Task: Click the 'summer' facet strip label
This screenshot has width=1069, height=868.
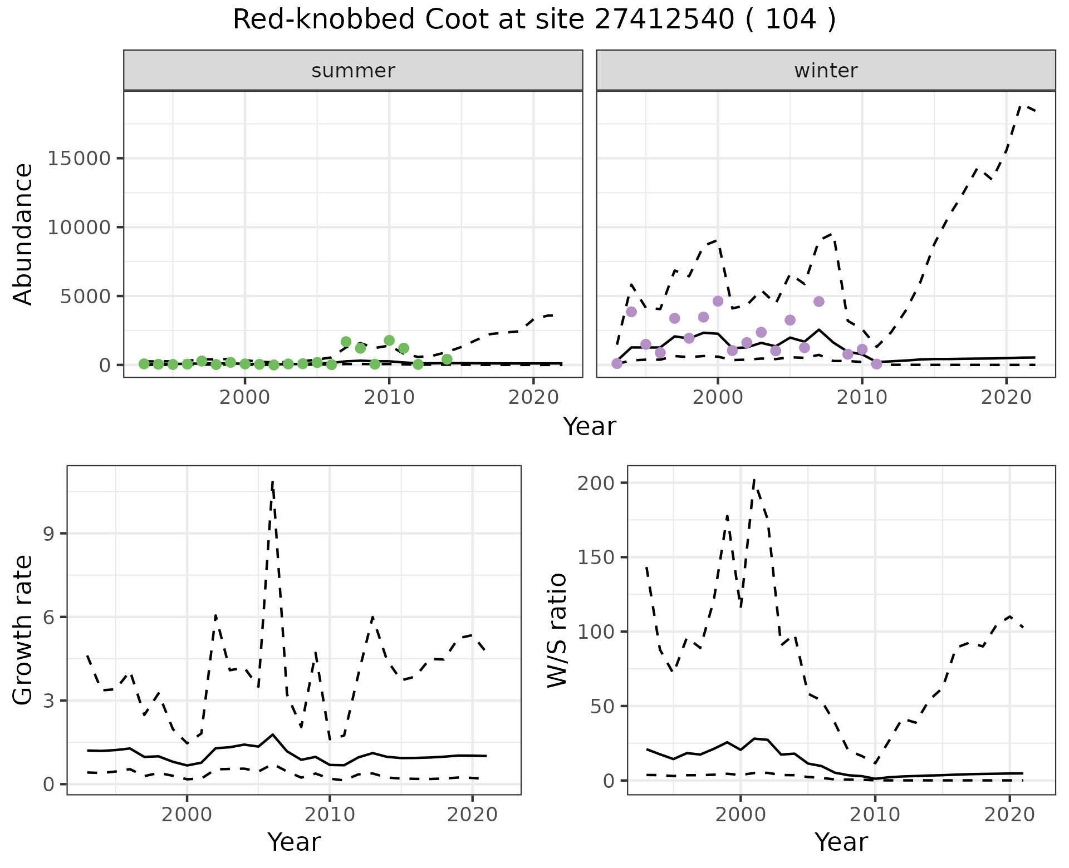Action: click(353, 71)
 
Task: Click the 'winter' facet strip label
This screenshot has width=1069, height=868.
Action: click(826, 71)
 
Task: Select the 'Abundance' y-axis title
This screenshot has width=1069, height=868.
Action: click(23, 234)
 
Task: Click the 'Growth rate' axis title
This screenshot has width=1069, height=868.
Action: click(23, 630)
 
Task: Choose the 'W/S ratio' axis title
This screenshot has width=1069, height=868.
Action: click(557, 630)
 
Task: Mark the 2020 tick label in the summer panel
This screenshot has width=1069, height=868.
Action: click(533, 397)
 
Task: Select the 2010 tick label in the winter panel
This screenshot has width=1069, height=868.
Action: click(862, 397)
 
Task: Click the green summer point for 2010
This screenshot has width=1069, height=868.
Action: click(389, 341)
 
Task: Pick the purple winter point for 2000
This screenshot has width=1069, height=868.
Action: click(718, 301)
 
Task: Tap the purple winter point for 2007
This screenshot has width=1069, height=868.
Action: click(818, 302)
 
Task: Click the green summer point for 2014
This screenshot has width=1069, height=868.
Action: click(447, 359)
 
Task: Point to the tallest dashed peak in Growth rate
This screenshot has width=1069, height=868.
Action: click(272, 482)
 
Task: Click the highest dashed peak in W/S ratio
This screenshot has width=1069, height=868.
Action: click(754, 480)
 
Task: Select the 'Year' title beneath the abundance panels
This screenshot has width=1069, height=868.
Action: click(589, 427)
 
